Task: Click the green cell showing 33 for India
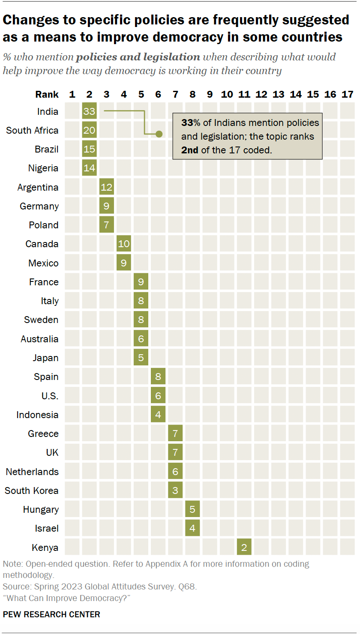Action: coord(89,112)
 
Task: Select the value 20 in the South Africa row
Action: coord(89,131)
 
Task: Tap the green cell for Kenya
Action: coord(244,547)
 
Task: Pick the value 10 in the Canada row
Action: coord(124,244)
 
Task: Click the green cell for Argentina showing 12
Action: coord(106,187)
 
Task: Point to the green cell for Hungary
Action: coord(192,509)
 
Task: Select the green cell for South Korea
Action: coord(175,490)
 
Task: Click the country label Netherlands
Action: coord(32,472)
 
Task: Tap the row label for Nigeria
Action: coord(43,168)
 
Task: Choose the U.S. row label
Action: coord(50,396)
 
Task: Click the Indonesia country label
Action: coord(37,415)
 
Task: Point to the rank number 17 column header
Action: coord(347,94)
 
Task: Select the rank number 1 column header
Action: coord(72,94)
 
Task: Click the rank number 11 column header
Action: coord(244,94)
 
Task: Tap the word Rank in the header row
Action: coord(47,94)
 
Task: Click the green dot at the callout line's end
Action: coord(159,134)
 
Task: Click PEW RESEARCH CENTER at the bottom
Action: coord(51,614)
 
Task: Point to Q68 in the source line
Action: coord(187,586)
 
